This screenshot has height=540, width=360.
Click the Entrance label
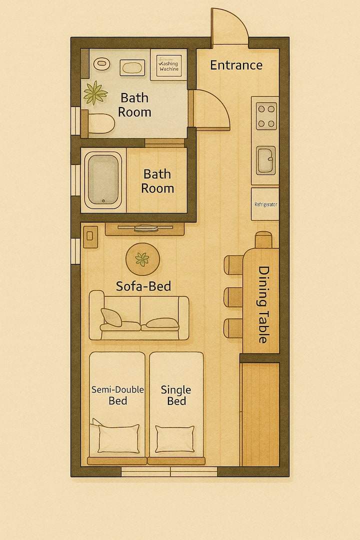(x=236, y=65)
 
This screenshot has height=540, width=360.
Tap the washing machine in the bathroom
(x=169, y=64)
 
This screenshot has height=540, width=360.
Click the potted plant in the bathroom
(x=95, y=92)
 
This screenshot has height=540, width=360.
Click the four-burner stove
(x=266, y=116)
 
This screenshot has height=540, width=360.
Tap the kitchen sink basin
(x=265, y=160)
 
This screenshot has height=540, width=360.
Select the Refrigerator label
(x=265, y=204)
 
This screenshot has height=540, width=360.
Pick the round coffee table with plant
(x=142, y=259)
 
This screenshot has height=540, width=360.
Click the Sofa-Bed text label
(x=143, y=286)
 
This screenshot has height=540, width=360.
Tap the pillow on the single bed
(x=174, y=439)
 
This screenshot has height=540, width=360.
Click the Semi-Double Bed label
(x=117, y=395)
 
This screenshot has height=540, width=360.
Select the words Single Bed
(x=176, y=395)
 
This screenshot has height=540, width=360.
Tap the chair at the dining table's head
(x=263, y=239)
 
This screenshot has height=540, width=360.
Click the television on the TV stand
(x=145, y=227)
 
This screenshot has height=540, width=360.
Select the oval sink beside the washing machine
(x=132, y=67)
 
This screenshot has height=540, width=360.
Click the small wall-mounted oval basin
(x=101, y=63)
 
